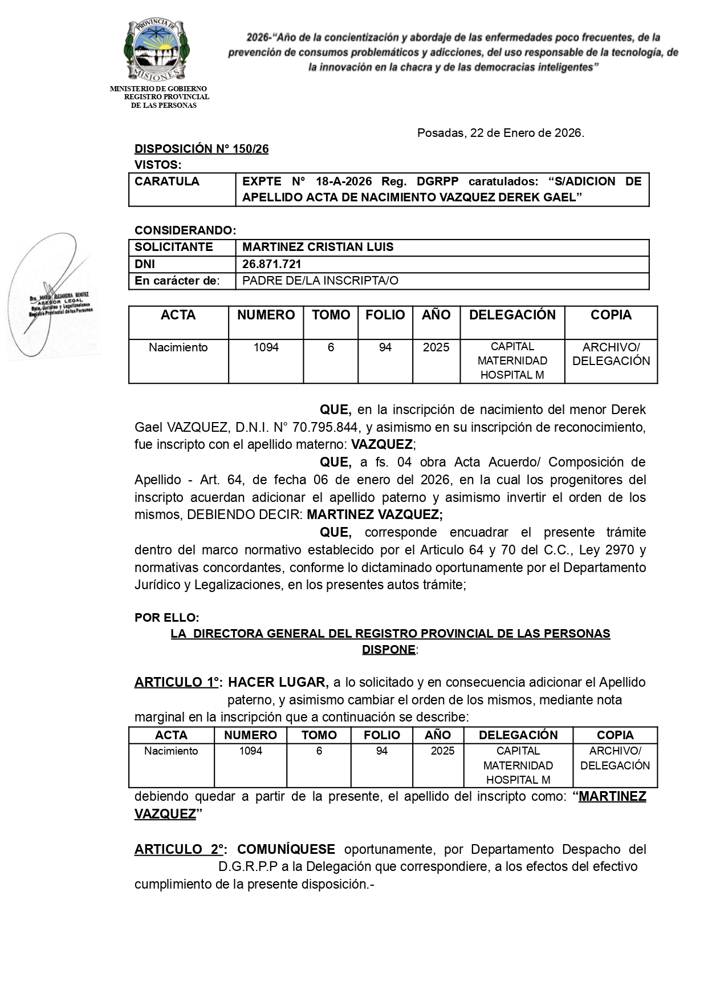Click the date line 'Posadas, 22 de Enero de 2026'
coord(501,133)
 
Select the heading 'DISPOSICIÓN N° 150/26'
coord(201,149)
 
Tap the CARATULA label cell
coord(167,182)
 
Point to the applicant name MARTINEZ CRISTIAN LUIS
coord(318,248)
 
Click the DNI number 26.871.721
coord(272,264)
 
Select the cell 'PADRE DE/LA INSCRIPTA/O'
coord(320,281)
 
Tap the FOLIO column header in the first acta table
coord(385,315)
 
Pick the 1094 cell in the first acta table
coord(266,347)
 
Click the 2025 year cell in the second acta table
coord(442,751)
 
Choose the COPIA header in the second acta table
coord(615,735)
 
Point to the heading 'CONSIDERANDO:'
coord(185,230)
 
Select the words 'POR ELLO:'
coord(166,618)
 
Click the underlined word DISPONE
coord(389,650)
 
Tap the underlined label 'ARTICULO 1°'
coord(177,682)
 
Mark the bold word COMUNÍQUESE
coord(286,849)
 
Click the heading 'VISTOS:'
coord(157,165)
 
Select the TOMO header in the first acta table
coord(331,315)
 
